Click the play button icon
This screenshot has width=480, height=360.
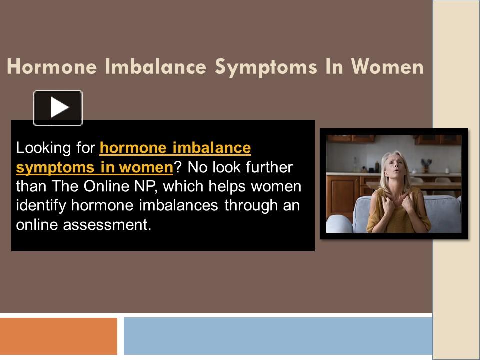point(58,107)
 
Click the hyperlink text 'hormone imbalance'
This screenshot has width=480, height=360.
point(175,148)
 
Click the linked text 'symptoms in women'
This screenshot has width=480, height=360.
point(94,168)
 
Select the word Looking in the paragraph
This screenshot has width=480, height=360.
point(37,149)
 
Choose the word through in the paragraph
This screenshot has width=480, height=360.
point(246,206)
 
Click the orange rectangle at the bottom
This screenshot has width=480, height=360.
point(58,336)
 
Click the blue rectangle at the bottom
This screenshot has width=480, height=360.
point(278,336)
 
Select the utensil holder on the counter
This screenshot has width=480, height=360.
point(425,165)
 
